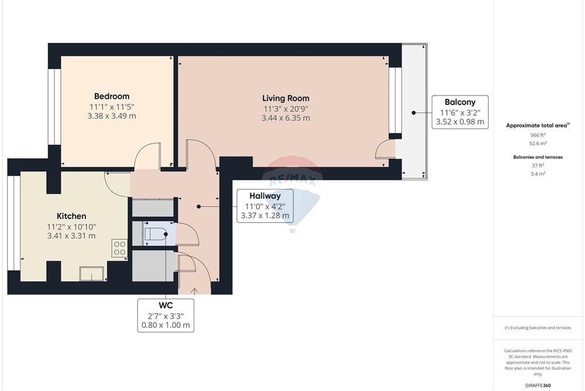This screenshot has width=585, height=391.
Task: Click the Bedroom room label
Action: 112,97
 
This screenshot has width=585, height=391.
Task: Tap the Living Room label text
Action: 286,98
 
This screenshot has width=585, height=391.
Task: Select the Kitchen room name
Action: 71,216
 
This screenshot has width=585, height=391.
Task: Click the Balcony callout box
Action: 460,112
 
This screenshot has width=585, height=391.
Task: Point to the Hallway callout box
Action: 265,206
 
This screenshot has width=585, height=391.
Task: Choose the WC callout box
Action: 166,315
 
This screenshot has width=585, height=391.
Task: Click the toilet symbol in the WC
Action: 156,234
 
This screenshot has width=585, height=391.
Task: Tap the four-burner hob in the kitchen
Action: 119,249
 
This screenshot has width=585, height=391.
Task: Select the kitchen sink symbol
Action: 92,274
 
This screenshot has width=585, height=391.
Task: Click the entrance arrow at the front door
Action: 194,291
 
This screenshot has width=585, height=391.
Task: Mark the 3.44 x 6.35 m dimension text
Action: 286,118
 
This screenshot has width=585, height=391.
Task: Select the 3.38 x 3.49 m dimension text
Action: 112,116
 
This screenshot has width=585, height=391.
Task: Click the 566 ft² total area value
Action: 538,135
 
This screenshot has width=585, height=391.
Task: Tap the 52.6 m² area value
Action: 538,143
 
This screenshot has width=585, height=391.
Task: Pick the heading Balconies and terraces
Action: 538,157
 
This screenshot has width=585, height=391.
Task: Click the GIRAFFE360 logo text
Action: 538,385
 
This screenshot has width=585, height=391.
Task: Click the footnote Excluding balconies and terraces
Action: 538,328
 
